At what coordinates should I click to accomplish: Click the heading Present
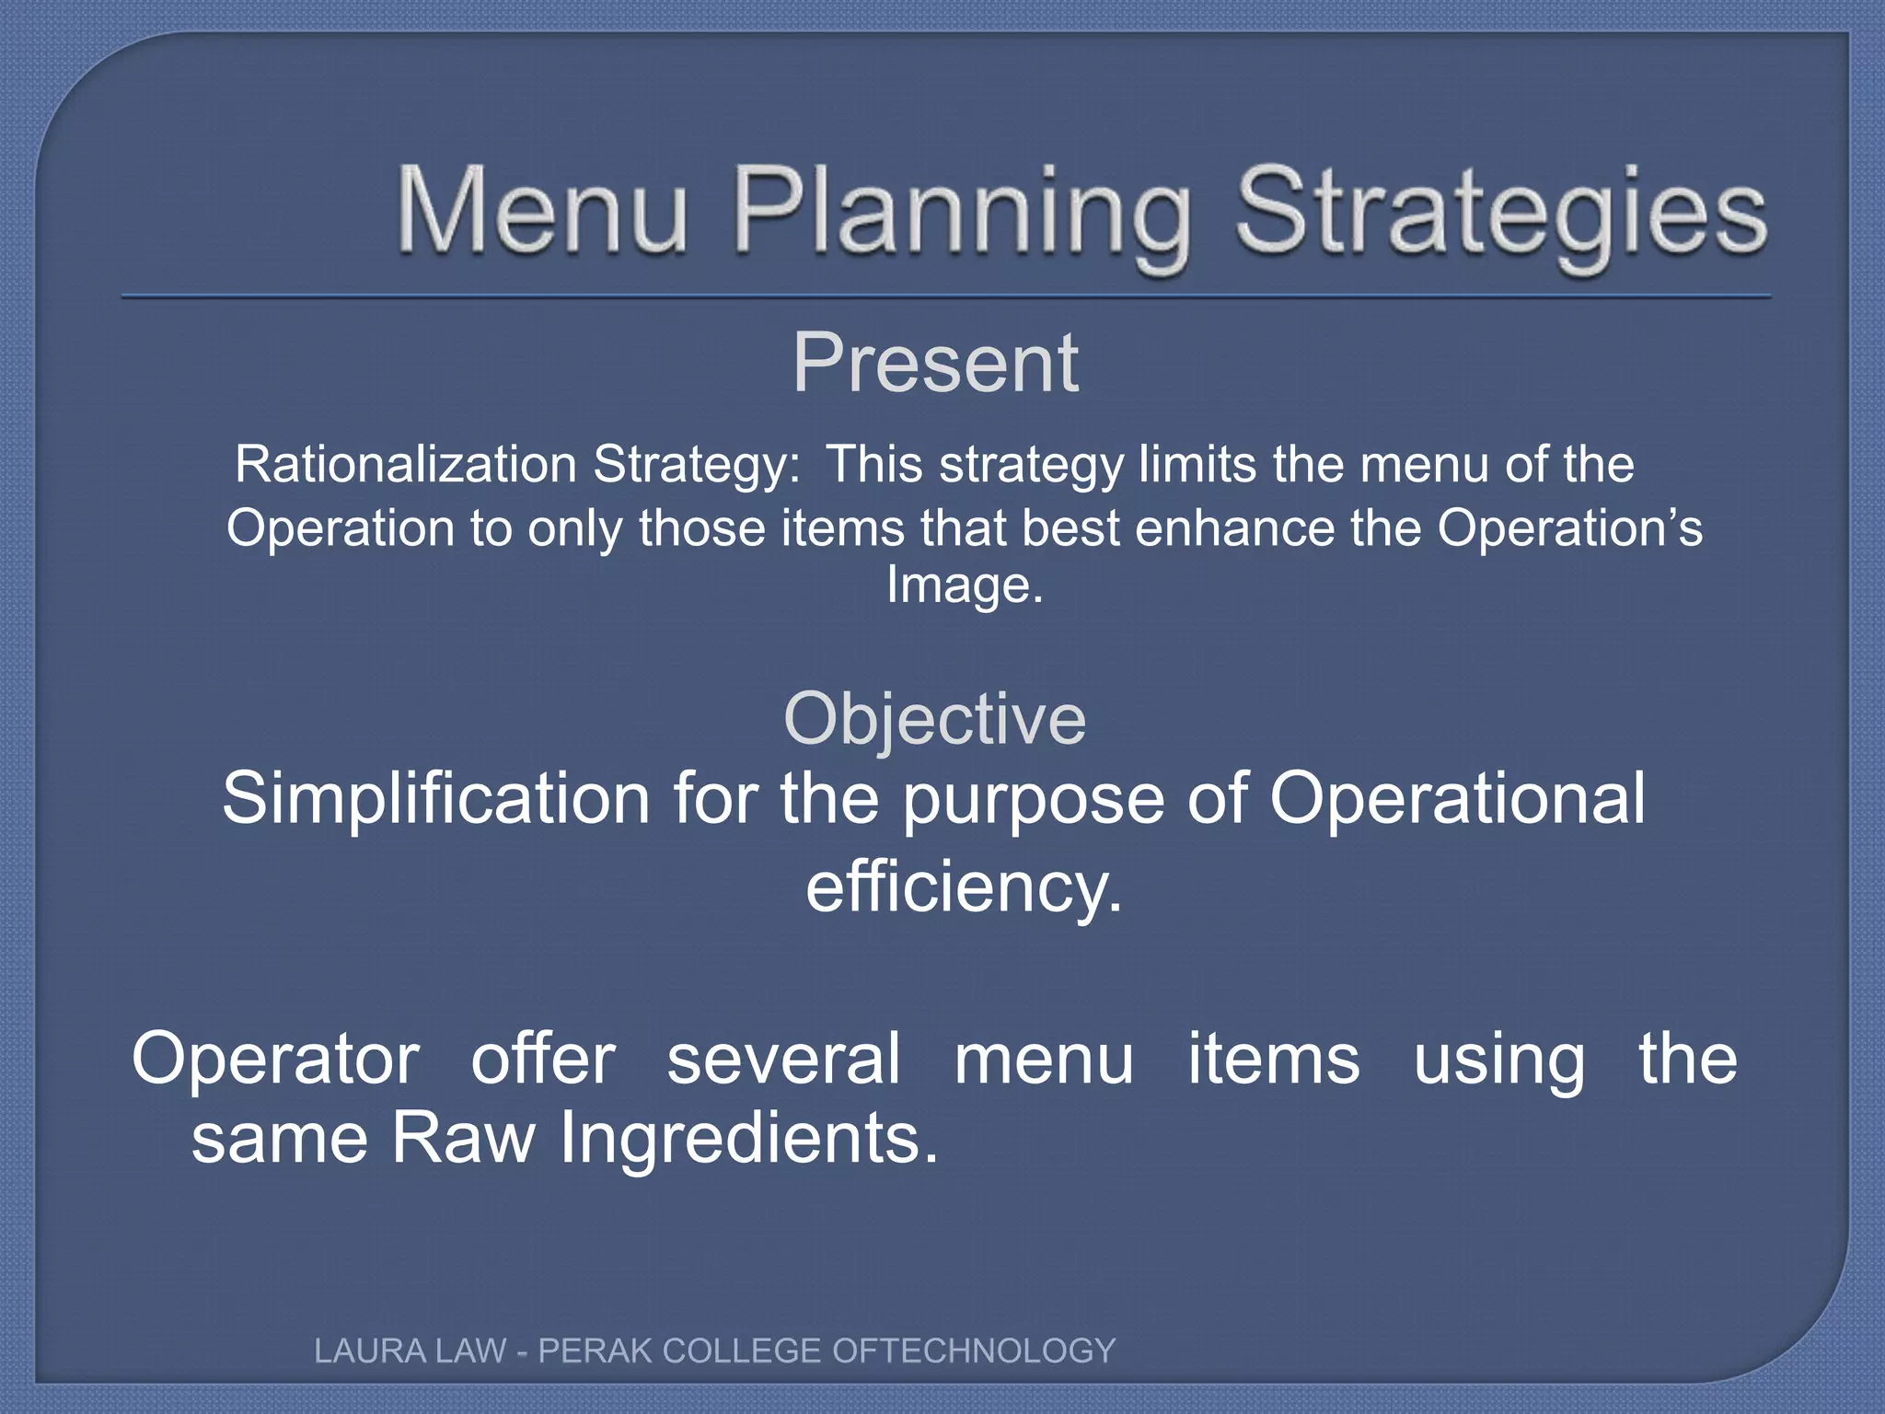tap(935, 364)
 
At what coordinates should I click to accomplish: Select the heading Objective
tap(934, 719)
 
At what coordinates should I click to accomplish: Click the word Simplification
tap(438, 798)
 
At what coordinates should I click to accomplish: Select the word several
tap(783, 1060)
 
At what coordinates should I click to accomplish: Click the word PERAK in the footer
tap(594, 1350)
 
